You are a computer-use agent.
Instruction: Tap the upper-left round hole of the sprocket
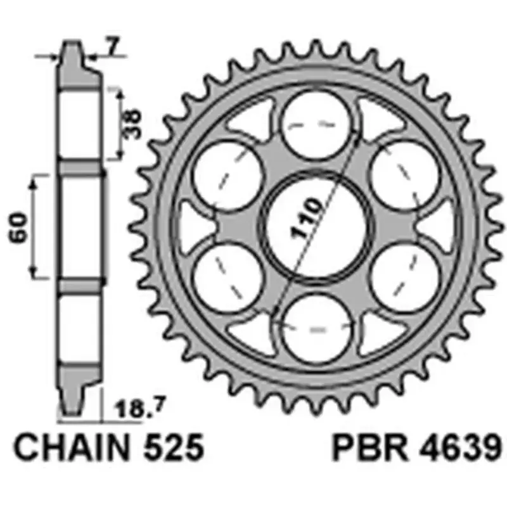[x=227, y=174]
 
